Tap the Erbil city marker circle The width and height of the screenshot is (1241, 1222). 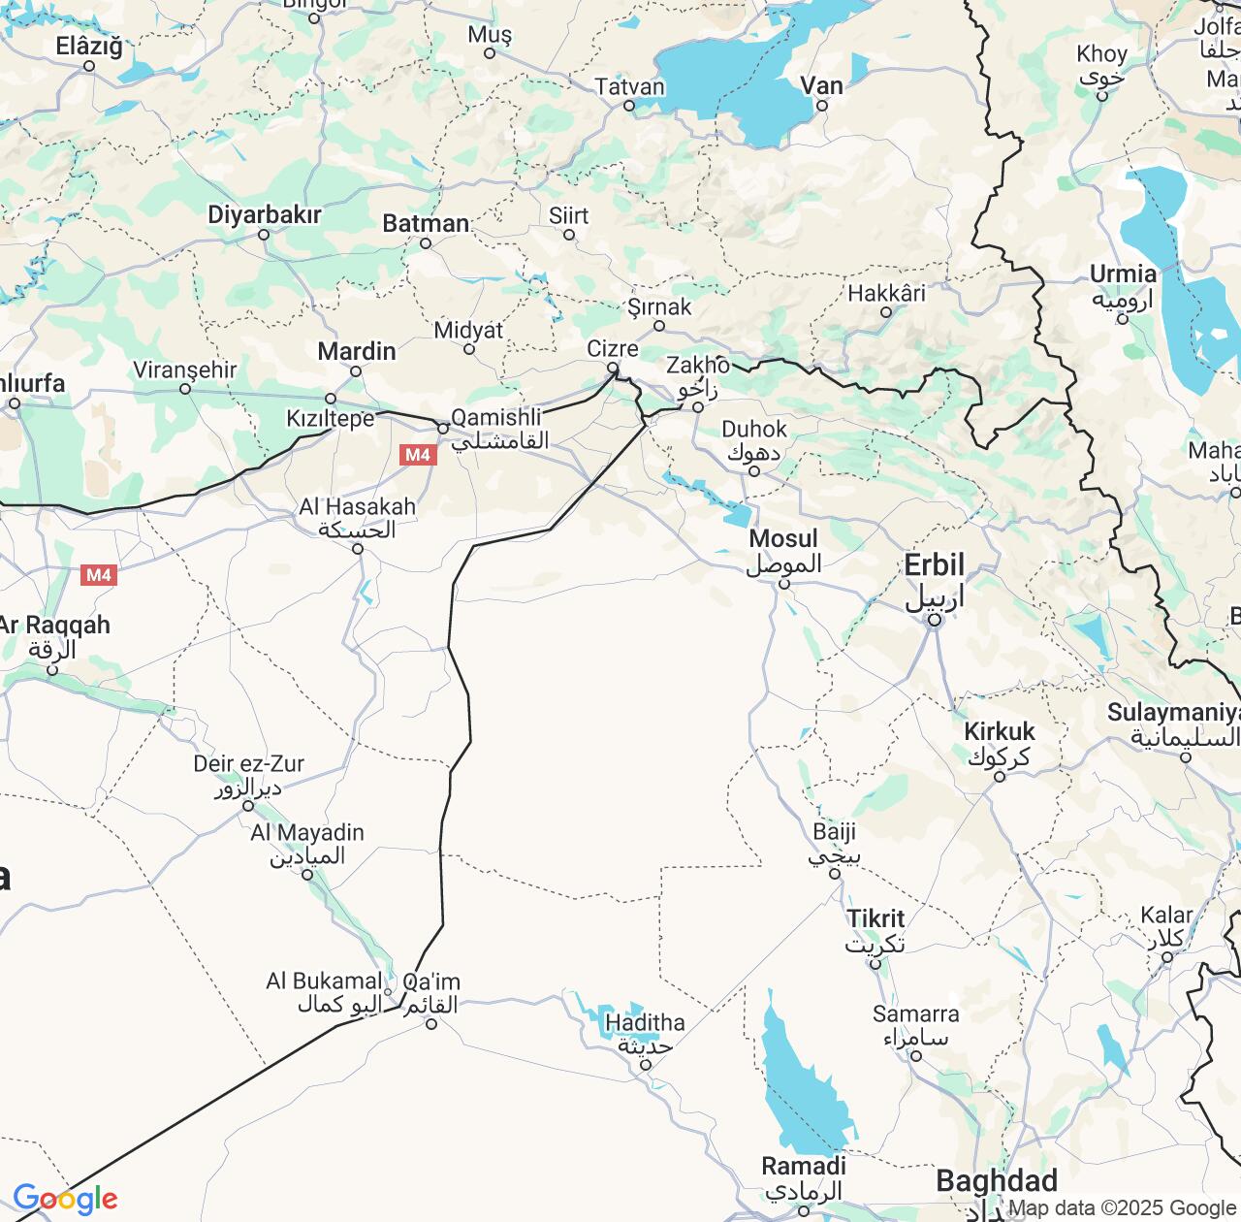[934, 620]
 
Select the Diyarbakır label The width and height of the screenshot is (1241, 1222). [264, 214]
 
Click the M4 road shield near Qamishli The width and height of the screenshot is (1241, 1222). [418, 454]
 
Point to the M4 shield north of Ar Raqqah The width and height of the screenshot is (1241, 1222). [98, 575]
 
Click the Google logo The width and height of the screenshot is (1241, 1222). [65, 1199]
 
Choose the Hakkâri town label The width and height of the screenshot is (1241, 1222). [886, 293]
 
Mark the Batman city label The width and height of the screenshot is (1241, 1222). [426, 224]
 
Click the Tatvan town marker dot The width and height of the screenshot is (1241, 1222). [629, 105]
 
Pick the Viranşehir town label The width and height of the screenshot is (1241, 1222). [185, 370]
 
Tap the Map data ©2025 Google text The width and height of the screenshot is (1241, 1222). [1123, 1208]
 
